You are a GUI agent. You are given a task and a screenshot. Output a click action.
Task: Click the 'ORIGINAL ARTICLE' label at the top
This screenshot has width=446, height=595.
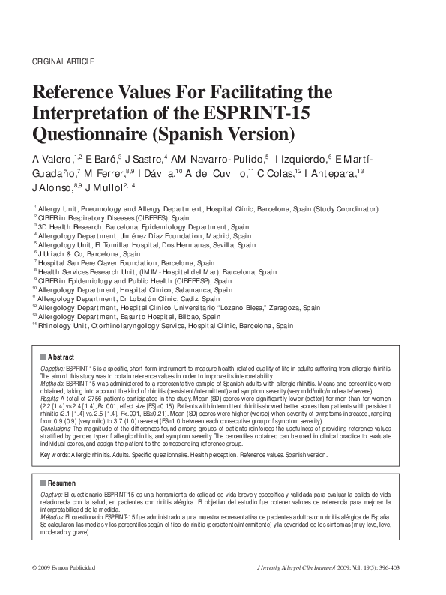click(x=63, y=61)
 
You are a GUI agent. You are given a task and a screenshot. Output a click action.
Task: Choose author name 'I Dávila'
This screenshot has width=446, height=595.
click(x=154, y=174)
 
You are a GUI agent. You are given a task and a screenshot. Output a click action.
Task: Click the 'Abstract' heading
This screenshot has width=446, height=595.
click(x=61, y=358)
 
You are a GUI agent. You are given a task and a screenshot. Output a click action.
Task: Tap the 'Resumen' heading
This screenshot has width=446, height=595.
click(x=62, y=483)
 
